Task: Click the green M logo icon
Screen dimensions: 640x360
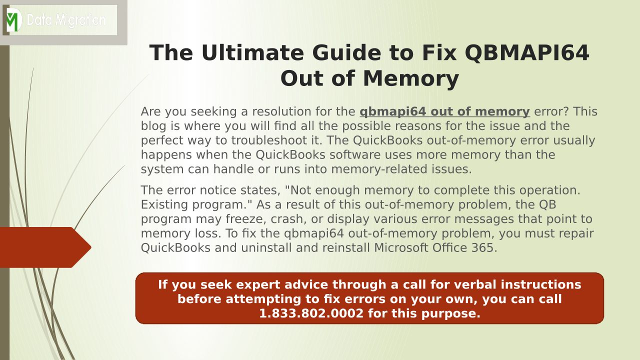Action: [14, 20]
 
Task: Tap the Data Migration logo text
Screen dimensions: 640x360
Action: [66, 20]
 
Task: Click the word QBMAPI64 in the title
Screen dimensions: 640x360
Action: [527, 53]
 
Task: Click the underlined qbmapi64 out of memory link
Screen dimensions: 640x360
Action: [444, 111]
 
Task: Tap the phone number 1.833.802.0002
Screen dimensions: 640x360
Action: [311, 313]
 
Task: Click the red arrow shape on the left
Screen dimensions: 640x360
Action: [45, 247]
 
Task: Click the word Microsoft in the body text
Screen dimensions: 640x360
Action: [401, 247]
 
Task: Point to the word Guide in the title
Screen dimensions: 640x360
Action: [346, 53]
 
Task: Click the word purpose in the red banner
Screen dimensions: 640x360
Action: [450, 314]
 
